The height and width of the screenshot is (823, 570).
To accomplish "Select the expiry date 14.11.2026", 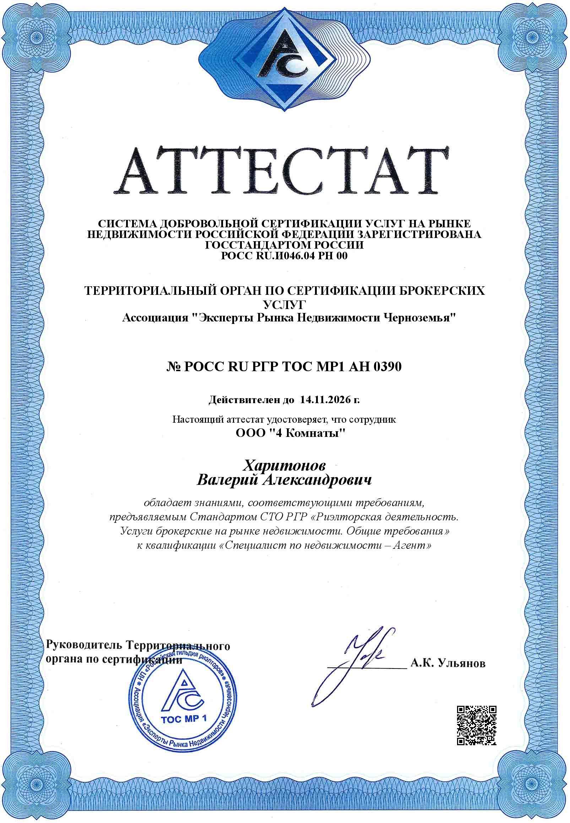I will [325, 399].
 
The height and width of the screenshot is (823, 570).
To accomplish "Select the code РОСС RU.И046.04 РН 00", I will [284, 255].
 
